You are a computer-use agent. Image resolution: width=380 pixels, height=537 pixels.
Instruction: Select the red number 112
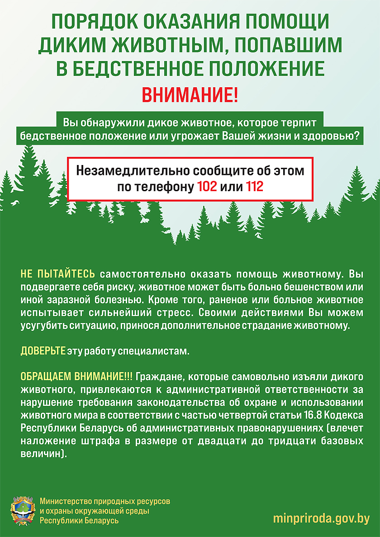point(254,187)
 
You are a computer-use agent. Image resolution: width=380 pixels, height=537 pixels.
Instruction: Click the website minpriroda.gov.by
point(321,518)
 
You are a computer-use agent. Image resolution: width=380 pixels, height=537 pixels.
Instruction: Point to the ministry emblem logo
point(23,511)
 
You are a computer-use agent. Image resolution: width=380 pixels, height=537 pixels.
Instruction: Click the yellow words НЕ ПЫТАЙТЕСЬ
point(58,274)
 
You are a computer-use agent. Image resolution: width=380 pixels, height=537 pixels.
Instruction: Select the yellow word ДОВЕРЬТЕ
point(43,351)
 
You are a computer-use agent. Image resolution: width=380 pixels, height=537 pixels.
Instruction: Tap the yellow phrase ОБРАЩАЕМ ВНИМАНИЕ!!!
point(76,377)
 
